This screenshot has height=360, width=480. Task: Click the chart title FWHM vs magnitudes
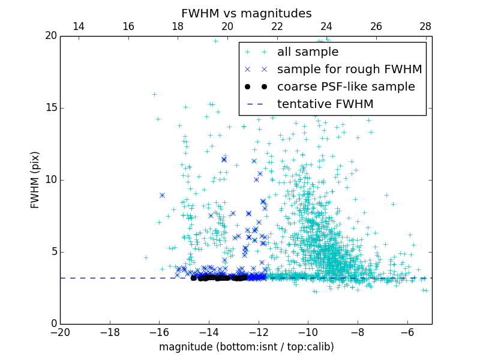coord(246,13)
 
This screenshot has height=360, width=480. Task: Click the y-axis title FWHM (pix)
coord(35,180)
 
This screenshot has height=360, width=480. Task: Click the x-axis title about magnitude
coord(246,347)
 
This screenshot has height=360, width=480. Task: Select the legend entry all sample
coord(308,52)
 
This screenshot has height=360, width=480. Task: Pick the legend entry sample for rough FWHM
coord(349,70)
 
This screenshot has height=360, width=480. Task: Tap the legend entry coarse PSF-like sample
coord(346,87)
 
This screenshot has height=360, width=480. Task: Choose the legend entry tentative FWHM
coord(325,104)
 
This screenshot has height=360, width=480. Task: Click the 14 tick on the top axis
coord(79,27)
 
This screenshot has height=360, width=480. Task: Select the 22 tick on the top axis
coord(277,27)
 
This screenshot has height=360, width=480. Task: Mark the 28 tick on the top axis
coord(426,27)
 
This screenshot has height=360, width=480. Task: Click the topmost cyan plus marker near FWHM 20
coord(215,41)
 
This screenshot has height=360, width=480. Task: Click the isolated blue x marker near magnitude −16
coord(162,195)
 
